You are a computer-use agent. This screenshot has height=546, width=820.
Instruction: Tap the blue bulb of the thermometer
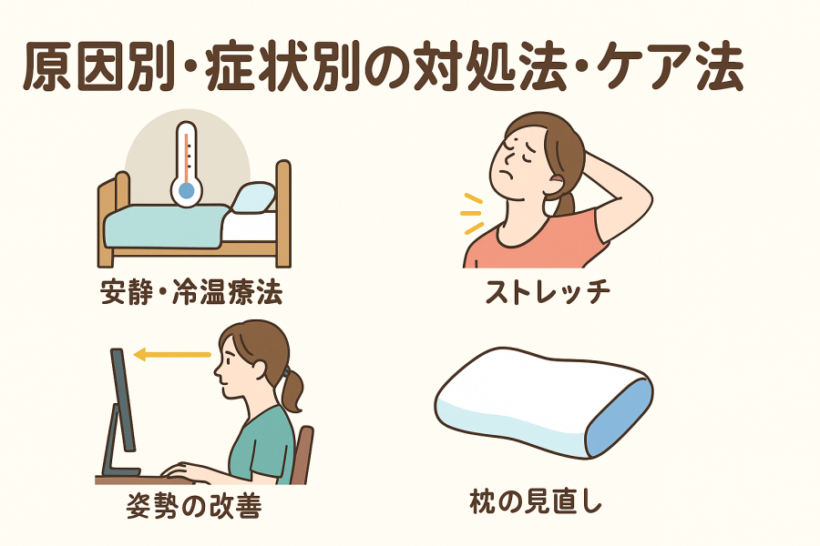[186, 191]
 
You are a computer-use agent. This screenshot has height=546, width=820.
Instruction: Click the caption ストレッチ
[548, 291]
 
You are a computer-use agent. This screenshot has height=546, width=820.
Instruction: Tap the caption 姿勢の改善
[194, 505]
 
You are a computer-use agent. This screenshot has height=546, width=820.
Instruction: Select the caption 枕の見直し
[536, 501]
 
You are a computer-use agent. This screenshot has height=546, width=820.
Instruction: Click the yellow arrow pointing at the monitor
[172, 355]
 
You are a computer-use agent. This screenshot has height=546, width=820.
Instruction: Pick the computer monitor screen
[122, 399]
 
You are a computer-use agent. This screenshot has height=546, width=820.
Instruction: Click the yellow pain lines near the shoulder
[472, 213]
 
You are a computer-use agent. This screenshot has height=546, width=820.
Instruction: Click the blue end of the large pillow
[620, 418]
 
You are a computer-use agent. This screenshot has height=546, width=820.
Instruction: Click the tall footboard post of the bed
[283, 213]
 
